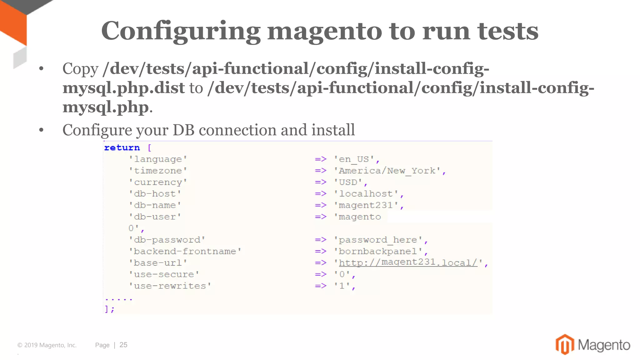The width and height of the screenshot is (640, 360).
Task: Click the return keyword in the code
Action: coord(122,147)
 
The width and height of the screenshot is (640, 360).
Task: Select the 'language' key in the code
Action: coord(158,159)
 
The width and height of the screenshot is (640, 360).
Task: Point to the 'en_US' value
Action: coord(354,159)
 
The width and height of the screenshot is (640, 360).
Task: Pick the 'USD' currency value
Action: coord(348,182)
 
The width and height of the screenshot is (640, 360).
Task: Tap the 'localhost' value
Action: coord(366,194)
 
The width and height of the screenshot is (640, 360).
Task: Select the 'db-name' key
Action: coord(155,205)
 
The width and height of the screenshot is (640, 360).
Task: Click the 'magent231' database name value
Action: coord(366,205)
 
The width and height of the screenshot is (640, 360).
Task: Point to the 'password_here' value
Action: coord(378,240)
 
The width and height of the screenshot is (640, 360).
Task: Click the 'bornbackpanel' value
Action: coord(378,252)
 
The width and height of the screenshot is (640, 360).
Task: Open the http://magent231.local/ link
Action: coord(408,262)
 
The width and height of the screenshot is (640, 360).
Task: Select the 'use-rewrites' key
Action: coord(170,286)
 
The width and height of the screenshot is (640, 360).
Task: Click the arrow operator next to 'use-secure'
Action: coord(321,274)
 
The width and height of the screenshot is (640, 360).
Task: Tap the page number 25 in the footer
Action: coord(123,345)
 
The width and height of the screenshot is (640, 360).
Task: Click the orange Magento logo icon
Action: coord(565,344)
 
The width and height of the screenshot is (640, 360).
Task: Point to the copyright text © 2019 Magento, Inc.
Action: coord(47,345)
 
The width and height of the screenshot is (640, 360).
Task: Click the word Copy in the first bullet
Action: coord(80,69)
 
